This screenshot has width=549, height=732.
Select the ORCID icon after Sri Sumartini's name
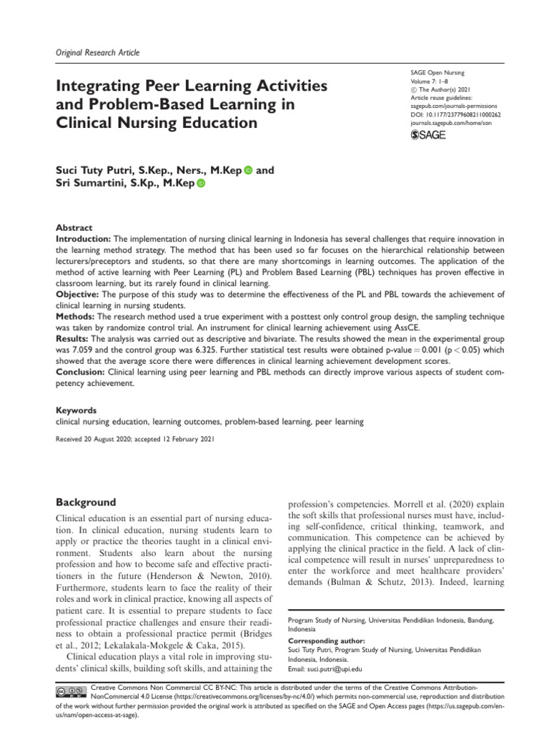coord(200,184)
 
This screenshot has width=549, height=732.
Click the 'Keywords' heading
coord(76,411)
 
